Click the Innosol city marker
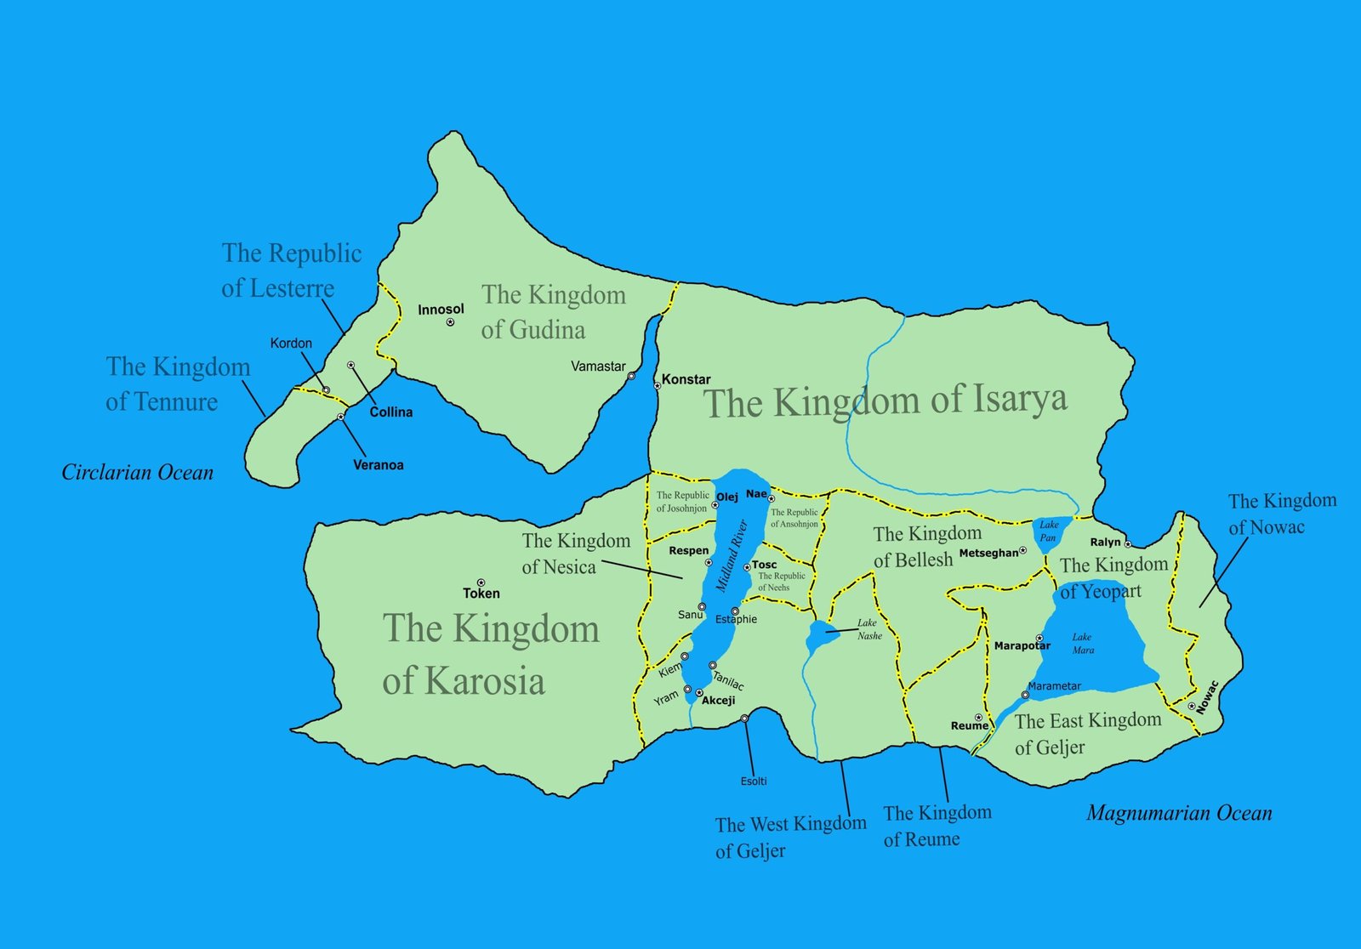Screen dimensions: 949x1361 pyautogui.click(x=450, y=322)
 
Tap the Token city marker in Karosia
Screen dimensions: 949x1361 pyautogui.click(x=481, y=582)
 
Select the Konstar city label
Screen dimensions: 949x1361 pyautogui.click(x=686, y=379)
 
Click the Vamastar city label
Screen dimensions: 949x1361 pyautogui.click(x=598, y=367)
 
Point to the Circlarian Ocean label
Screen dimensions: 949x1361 pyautogui.click(x=137, y=473)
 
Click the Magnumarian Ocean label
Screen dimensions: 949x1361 pyautogui.click(x=1179, y=813)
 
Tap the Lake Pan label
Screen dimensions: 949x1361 pyautogui.click(x=1048, y=531)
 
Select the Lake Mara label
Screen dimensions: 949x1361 pyautogui.click(x=1082, y=644)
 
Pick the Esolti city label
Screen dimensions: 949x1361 pyautogui.click(x=754, y=781)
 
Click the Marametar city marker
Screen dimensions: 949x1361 pyautogui.click(x=1025, y=695)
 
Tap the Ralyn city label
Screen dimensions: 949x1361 pyautogui.click(x=1105, y=542)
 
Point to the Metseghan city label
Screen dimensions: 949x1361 pyautogui.click(x=988, y=553)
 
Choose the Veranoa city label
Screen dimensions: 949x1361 pyautogui.click(x=379, y=465)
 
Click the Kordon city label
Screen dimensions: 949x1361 pyautogui.click(x=291, y=344)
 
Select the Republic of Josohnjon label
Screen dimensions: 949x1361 pyautogui.click(x=682, y=502)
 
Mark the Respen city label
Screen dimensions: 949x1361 pyautogui.click(x=688, y=550)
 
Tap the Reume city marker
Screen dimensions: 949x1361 pyautogui.click(x=979, y=718)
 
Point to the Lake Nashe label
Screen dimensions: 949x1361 pyautogui.click(x=868, y=629)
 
